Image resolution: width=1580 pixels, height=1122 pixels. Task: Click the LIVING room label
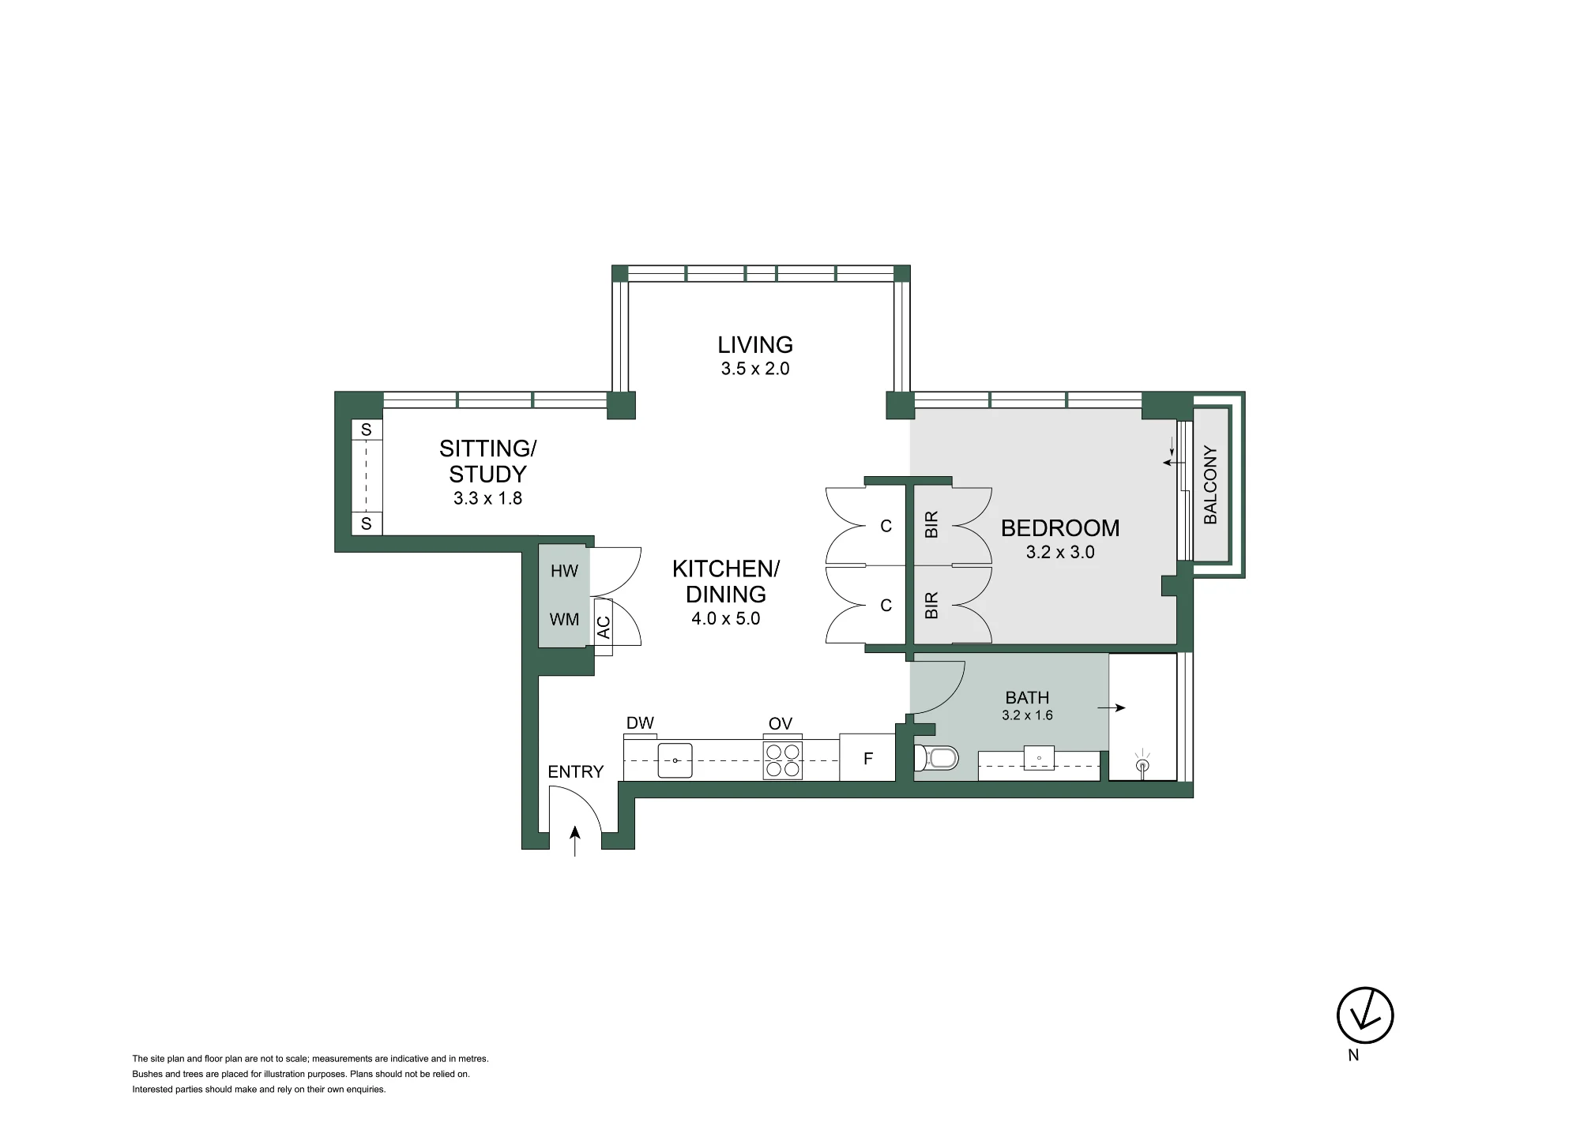click(x=755, y=344)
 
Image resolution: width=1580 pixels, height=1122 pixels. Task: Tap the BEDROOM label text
click(x=1060, y=528)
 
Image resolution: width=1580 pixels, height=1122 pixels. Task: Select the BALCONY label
click(x=1210, y=485)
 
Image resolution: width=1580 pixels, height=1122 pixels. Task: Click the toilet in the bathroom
click(x=936, y=759)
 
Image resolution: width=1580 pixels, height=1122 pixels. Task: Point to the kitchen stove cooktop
click(x=783, y=760)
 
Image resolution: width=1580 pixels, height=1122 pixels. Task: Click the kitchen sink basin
click(x=675, y=760)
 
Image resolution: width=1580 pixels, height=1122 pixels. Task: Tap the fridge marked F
click(x=867, y=758)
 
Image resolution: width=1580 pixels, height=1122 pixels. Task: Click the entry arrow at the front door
click(x=575, y=841)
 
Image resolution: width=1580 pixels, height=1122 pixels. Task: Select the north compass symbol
click(x=1365, y=1015)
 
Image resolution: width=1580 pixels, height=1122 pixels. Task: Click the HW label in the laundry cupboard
click(x=564, y=571)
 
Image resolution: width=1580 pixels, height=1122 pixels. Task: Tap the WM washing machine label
click(x=564, y=620)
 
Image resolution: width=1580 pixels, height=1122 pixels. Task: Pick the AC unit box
click(x=604, y=627)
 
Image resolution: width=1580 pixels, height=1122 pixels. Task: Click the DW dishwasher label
click(x=640, y=723)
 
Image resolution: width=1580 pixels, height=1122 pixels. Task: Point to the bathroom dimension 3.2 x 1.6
click(x=1027, y=715)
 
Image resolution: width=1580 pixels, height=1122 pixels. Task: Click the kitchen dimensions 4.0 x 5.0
click(x=725, y=618)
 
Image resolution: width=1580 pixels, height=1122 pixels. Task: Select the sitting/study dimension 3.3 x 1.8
click(x=487, y=498)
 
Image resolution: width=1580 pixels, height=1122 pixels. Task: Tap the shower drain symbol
click(x=1142, y=764)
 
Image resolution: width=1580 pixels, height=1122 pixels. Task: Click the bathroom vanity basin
click(x=1040, y=758)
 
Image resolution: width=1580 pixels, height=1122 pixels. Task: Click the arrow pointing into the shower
click(x=1112, y=708)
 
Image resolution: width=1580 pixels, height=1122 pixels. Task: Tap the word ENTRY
click(x=575, y=772)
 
